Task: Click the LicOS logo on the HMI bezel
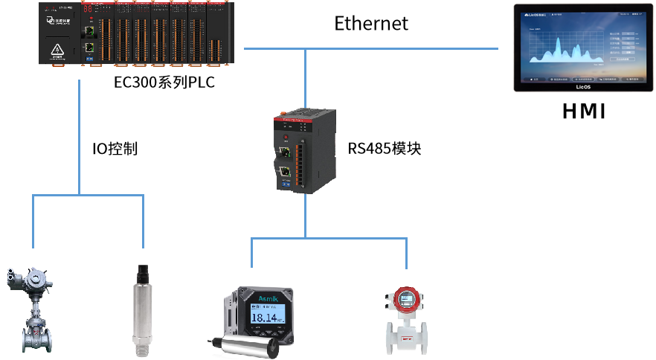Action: click(x=582, y=87)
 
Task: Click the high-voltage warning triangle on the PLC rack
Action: click(x=56, y=51)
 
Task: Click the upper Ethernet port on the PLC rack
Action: click(x=90, y=32)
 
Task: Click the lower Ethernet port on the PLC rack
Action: click(x=90, y=47)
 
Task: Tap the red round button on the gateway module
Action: click(x=283, y=139)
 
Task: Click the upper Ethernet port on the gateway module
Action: click(x=284, y=154)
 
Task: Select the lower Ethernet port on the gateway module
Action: click(x=284, y=174)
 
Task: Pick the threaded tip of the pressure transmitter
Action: click(x=141, y=345)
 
